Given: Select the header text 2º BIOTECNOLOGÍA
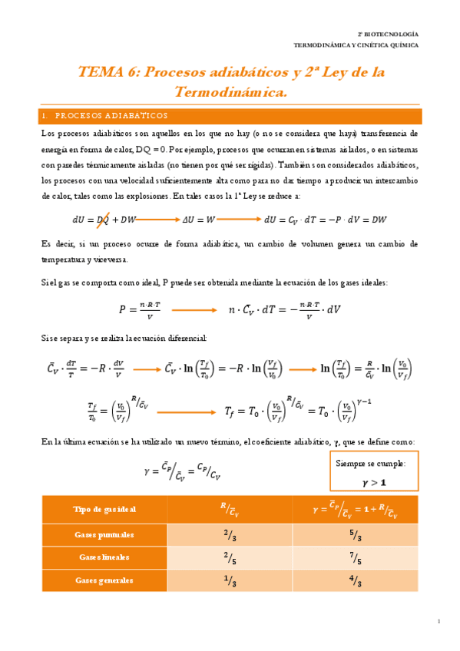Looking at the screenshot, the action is coord(389,35).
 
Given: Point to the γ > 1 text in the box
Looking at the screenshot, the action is coord(374,482).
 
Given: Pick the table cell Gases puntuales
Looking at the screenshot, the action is coord(104,534).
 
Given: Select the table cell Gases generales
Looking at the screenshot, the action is coord(104,580).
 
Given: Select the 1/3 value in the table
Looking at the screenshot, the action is coord(230,580).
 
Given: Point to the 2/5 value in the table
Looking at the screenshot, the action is coord(230,557).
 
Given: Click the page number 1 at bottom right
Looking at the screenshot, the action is coord(438,621).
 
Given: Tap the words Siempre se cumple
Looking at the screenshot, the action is coord(374,463).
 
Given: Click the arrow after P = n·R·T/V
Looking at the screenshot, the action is coord(194,310).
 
